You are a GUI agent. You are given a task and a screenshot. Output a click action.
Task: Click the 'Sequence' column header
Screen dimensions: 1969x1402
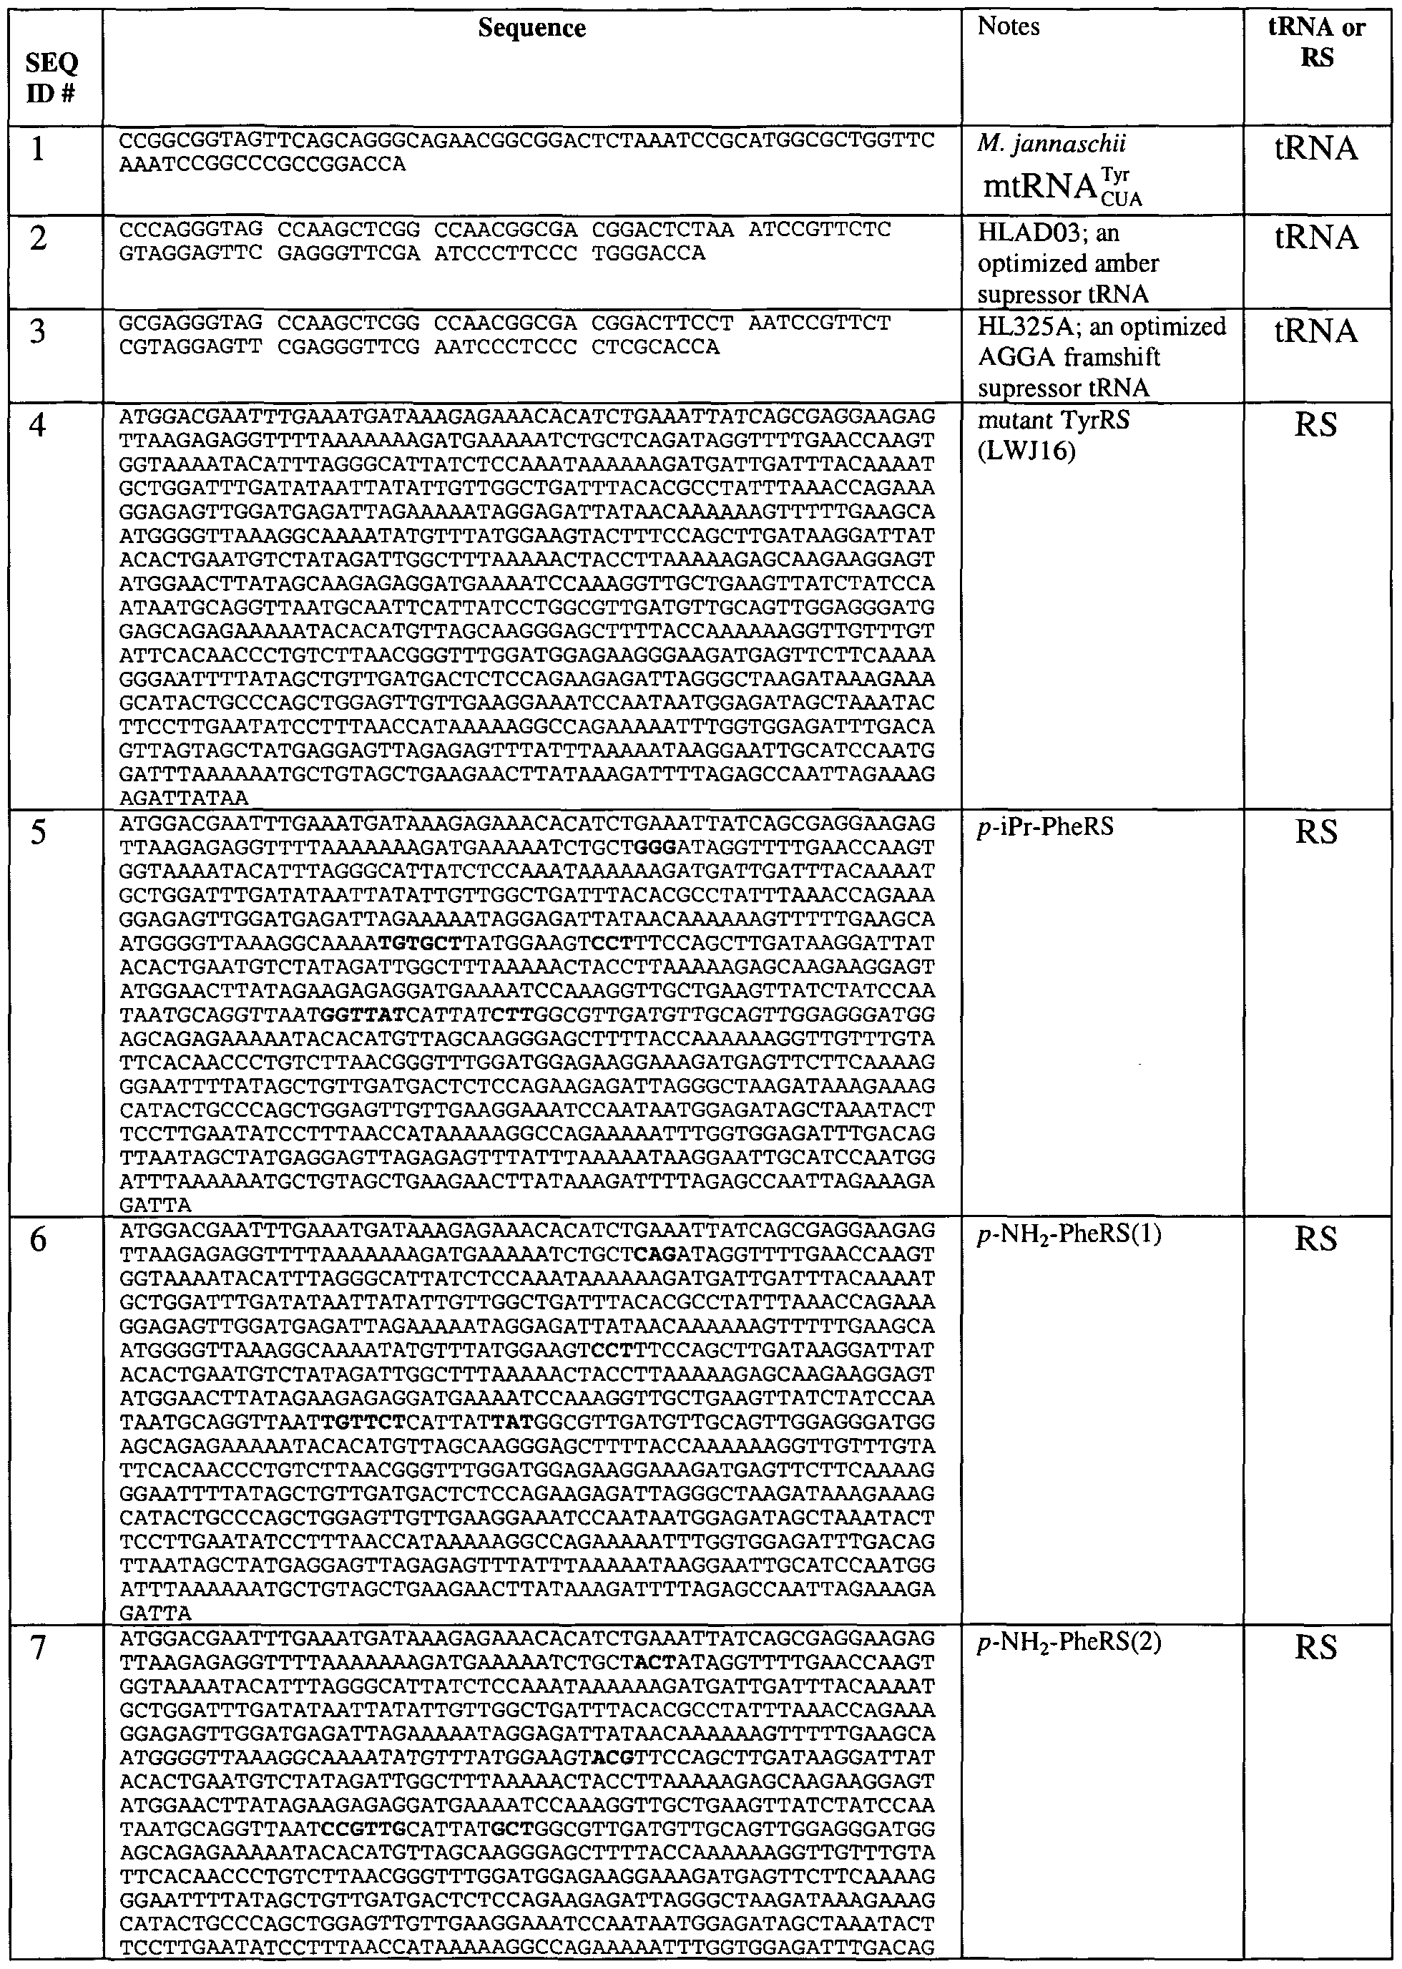pyautogui.click(x=531, y=29)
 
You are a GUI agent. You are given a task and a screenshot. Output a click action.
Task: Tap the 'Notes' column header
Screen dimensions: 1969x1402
pyautogui.click(x=1009, y=26)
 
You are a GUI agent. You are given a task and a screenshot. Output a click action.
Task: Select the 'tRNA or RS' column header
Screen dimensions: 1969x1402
pyautogui.click(x=1317, y=42)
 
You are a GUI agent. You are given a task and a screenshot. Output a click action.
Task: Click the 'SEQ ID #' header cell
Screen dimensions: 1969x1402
pyautogui.click(x=52, y=76)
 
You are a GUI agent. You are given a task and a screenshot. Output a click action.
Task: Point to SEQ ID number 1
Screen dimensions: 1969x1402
pyautogui.click(x=38, y=150)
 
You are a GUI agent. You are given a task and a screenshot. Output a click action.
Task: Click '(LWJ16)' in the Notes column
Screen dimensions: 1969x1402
pyautogui.click(x=1026, y=451)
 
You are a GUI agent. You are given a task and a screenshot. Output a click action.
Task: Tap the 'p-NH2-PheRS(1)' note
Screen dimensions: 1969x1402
pyautogui.click(x=1069, y=1236)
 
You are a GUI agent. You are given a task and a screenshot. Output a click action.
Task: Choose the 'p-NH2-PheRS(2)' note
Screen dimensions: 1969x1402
pyautogui.click(x=1069, y=1643)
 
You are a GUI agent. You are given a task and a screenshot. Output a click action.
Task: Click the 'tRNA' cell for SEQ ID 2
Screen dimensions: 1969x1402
pyautogui.click(x=1317, y=238)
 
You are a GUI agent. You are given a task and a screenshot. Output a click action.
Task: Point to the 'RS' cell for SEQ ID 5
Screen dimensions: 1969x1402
pyautogui.click(x=1317, y=833)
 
